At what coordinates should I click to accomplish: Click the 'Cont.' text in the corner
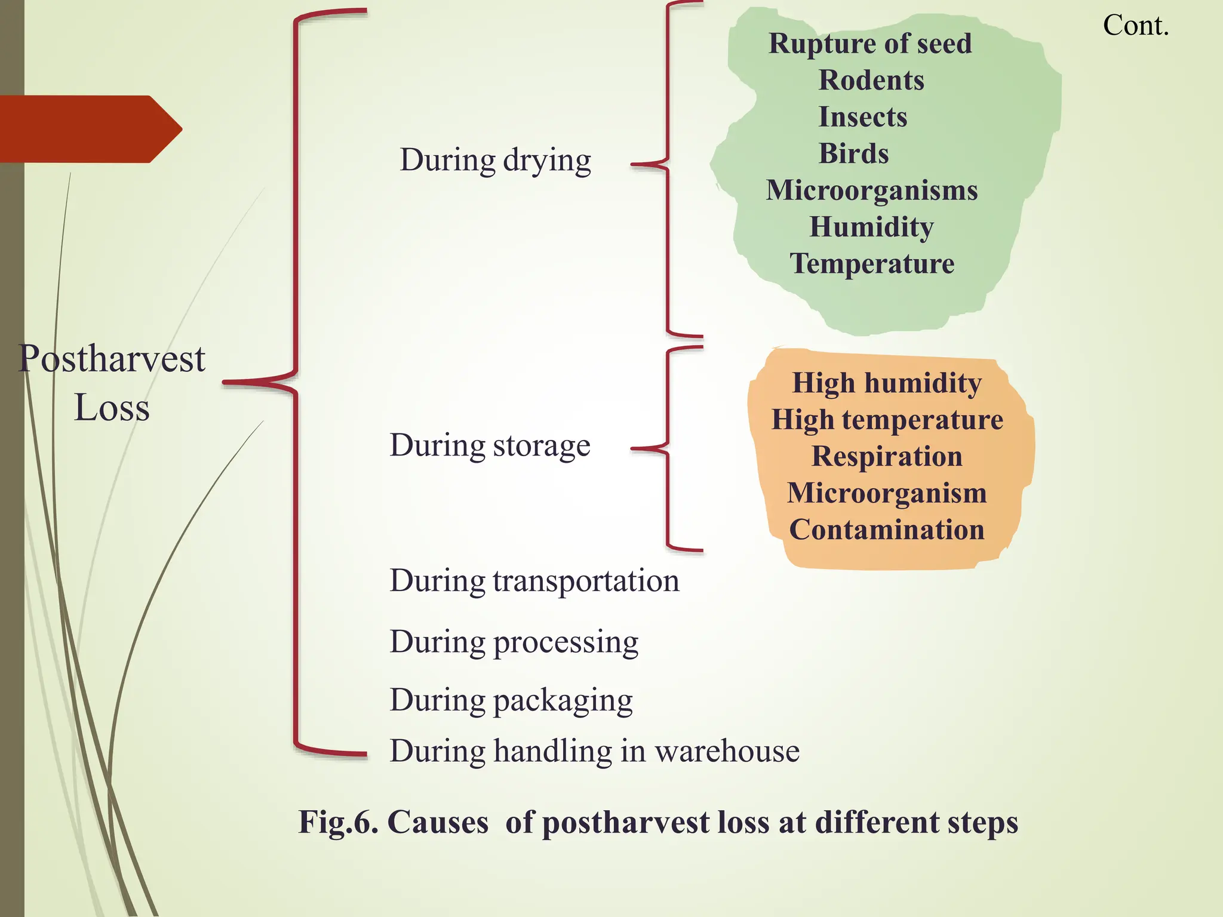[x=1135, y=26]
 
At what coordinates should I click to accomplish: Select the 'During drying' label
[x=495, y=160]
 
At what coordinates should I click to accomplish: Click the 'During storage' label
[x=490, y=445]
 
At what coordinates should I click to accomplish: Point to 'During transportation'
[x=534, y=581]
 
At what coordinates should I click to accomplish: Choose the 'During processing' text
[x=514, y=642]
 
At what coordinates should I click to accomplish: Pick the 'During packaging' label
[x=511, y=700]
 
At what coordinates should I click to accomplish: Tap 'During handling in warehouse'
[x=594, y=751]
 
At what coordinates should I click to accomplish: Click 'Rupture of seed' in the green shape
[x=870, y=44]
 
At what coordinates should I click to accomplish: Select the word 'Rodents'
[x=871, y=81]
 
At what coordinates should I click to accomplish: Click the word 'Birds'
[x=853, y=154]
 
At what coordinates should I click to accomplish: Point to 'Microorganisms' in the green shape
[x=872, y=190]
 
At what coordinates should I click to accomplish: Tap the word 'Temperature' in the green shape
[x=872, y=264]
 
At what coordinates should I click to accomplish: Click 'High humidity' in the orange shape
[x=887, y=383]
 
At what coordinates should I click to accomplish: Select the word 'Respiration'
[x=887, y=457]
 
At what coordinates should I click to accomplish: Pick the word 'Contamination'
[x=887, y=530]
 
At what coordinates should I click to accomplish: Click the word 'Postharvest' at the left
[x=112, y=359]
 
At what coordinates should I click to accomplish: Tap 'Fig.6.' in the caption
[x=338, y=822]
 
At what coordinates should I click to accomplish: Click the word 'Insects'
[x=862, y=117]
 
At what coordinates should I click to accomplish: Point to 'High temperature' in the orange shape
[x=887, y=420]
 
